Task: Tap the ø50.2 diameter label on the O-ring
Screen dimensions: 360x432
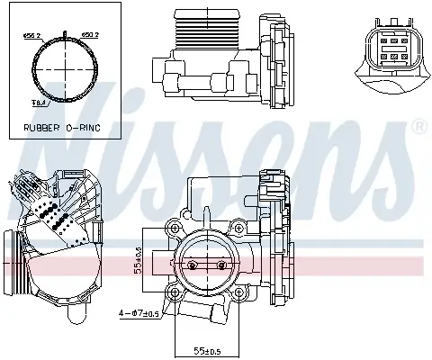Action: pyautogui.click(x=92, y=37)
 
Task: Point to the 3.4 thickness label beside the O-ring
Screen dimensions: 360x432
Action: pyautogui.click(x=38, y=103)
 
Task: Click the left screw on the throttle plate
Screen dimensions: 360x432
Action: pyautogui.click(x=191, y=265)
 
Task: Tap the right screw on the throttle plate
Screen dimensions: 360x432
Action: pyautogui.click(x=220, y=265)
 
